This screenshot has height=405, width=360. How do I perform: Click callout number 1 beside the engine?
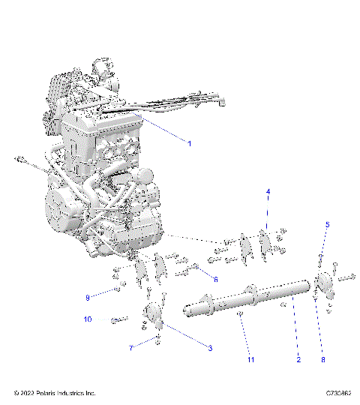[190, 143]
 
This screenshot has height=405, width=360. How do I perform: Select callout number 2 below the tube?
[298, 360]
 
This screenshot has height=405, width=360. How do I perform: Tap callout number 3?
[210, 349]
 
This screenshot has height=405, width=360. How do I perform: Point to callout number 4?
[266, 193]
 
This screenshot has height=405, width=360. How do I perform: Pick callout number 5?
[327, 224]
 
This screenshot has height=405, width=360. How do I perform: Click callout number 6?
[215, 280]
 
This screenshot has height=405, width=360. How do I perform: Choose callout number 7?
[131, 349]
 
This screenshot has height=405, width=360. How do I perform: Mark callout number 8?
[323, 360]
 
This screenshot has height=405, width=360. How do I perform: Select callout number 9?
[88, 298]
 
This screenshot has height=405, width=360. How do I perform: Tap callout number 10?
[88, 319]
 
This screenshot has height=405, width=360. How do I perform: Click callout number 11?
[251, 360]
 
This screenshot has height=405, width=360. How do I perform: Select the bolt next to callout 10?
[117, 320]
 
